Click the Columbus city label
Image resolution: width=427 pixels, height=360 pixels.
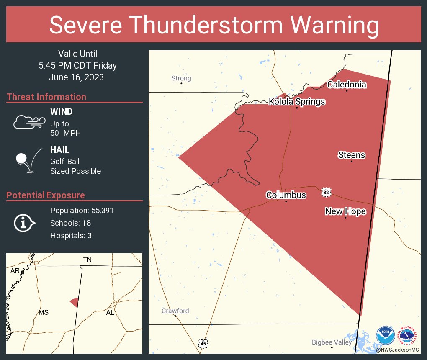tap(286, 195)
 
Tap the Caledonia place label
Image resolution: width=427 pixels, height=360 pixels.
tap(347, 85)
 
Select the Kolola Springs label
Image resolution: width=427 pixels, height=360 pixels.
tap(296, 102)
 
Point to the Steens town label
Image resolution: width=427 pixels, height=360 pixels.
tap(351, 155)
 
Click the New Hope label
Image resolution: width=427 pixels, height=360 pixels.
tap(345, 211)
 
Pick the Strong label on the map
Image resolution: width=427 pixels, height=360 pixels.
tap(181, 78)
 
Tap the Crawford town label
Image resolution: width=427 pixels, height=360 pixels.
tap(175, 311)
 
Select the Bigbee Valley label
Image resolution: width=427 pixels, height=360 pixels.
tap(332, 342)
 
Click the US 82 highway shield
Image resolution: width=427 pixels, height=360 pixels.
tap(327, 192)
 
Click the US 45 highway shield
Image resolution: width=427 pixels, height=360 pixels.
tap(203, 343)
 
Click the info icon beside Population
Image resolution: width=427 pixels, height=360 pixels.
tap(25, 223)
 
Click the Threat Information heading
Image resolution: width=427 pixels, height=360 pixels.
tap(46, 97)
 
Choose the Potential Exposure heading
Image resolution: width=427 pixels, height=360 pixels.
tap(46, 195)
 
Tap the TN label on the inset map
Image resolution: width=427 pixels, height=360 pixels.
tap(87, 260)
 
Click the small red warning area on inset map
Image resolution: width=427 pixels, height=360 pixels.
tap(74, 302)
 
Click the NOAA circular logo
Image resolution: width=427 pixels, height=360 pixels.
tap(385, 336)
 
